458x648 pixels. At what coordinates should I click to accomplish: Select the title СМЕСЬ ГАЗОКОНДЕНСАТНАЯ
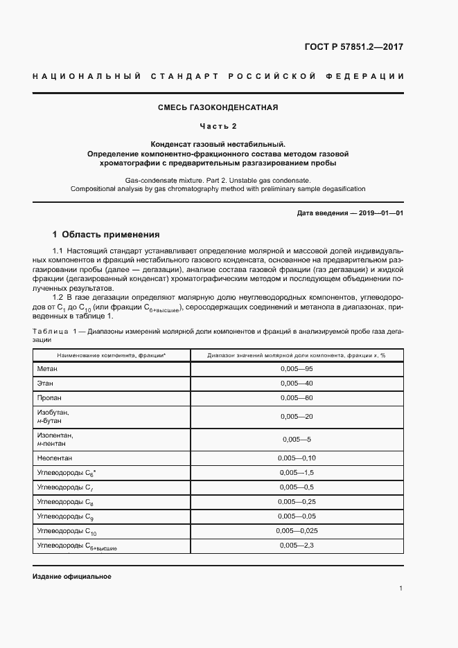tap(218, 107)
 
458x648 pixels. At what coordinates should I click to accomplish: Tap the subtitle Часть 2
tap(218, 126)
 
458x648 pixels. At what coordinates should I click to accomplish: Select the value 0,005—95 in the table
tap(297, 370)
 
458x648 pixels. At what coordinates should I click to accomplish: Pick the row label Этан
tap(45, 384)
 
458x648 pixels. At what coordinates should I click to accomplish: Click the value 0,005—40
tap(297, 384)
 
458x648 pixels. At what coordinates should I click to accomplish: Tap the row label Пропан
tap(49, 398)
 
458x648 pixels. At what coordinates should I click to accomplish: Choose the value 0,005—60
tap(297, 398)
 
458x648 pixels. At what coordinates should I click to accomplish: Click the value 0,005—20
tap(297, 416)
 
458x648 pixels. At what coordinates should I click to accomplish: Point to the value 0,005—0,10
tap(297, 458)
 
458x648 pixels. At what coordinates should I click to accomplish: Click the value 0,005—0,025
tap(297, 531)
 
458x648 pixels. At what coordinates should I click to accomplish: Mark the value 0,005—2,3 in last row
tap(297, 546)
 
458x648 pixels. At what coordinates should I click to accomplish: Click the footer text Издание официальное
tap(71, 577)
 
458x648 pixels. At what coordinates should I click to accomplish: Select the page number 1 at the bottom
tap(400, 588)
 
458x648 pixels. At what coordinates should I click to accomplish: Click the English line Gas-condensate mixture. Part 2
tap(218, 179)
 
